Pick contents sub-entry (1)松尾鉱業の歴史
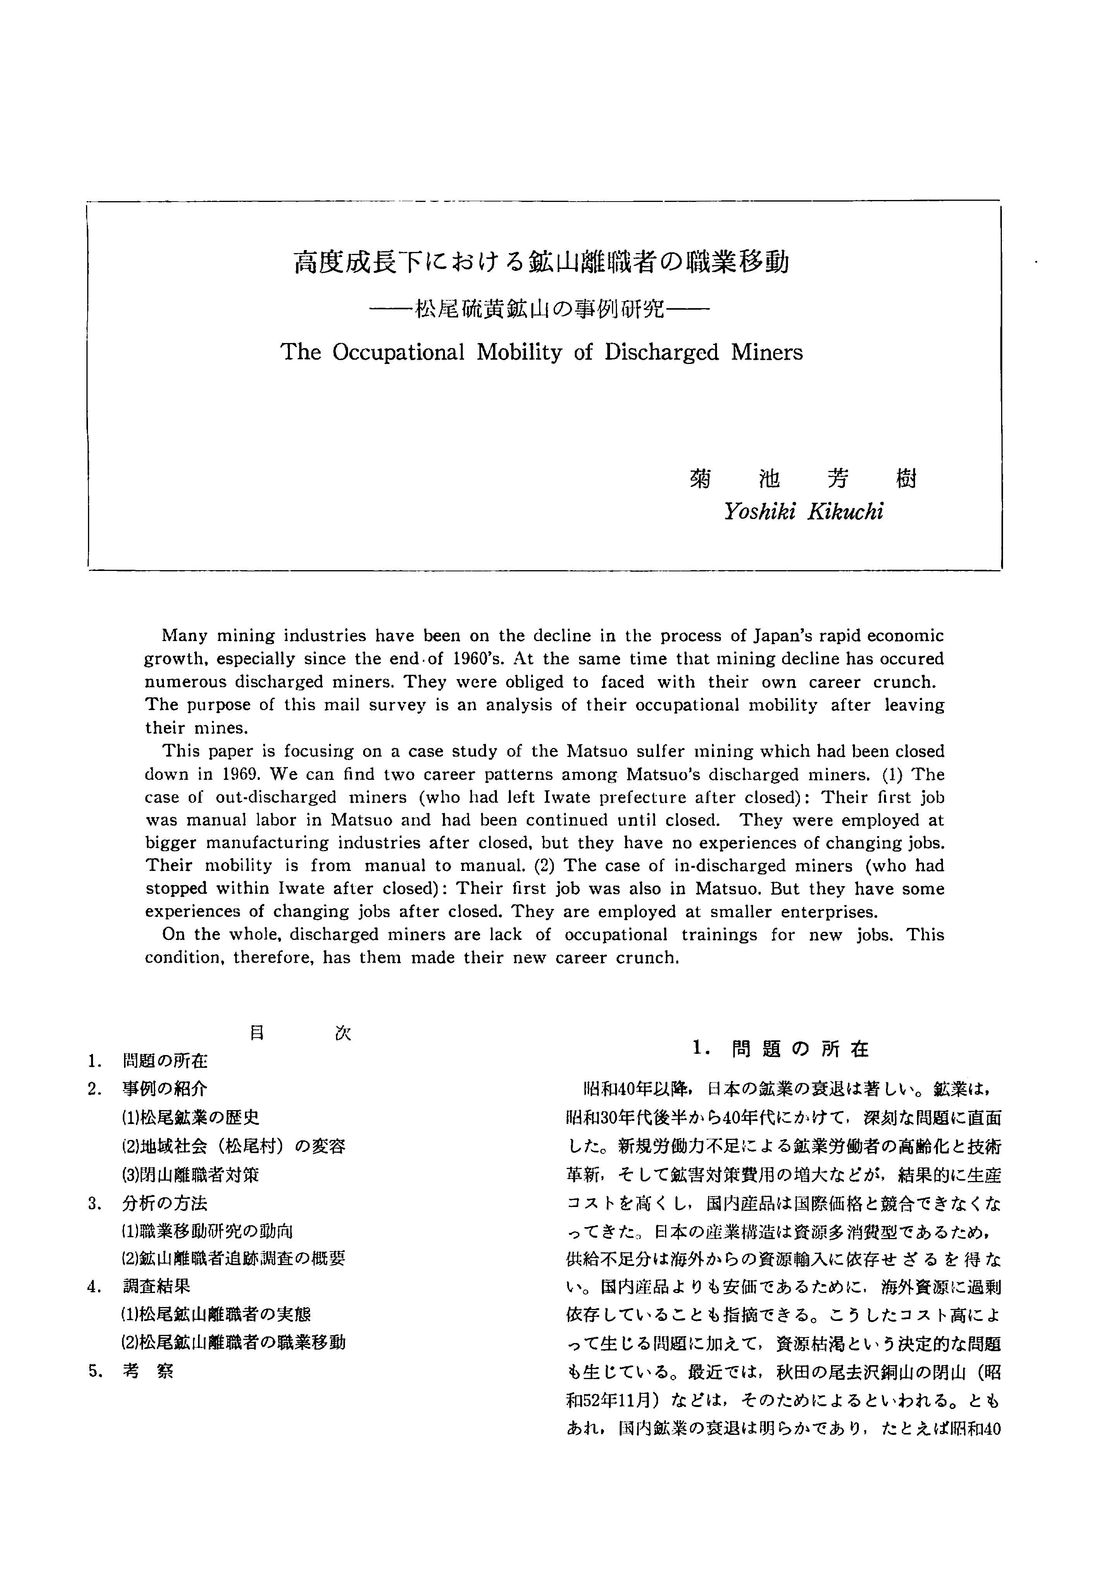pos(190,1117)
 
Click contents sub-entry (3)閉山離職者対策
pos(190,1175)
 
